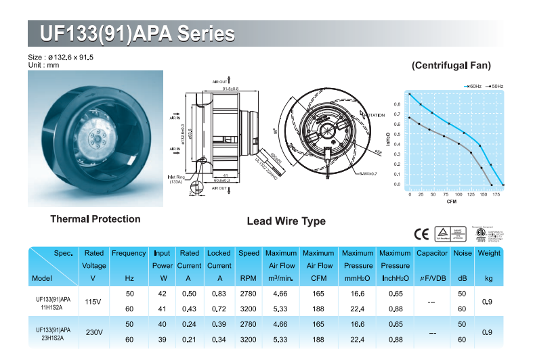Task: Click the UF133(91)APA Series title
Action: (137, 34)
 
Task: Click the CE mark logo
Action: (421, 234)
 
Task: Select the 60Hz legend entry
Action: (473, 87)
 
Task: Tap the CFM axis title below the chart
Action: (451, 202)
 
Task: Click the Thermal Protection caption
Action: (95, 219)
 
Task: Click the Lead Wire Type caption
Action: (286, 221)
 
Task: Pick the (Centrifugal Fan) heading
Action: (451, 66)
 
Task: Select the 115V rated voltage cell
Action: (93, 300)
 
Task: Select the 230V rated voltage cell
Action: (93, 332)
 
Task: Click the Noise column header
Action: (463, 254)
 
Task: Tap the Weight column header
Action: (489, 254)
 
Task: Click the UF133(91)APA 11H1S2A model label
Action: (53, 300)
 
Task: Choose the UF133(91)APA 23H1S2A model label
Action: (53, 333)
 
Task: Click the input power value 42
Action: (163, 294)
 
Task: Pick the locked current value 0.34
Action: (219, 339)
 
